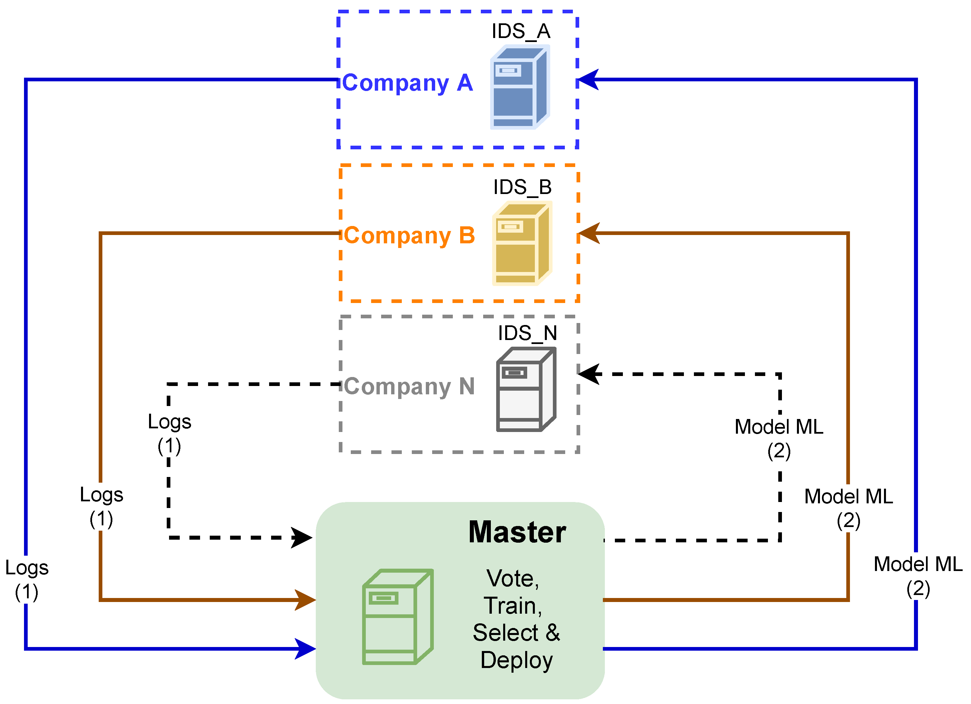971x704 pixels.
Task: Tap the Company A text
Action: [407, 83]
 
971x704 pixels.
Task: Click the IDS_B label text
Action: [522, 187]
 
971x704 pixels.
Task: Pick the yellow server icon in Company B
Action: [522, 243]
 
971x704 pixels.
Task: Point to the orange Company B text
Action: [409, 235]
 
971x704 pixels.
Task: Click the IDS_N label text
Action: [527, 333]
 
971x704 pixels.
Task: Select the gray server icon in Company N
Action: [526, 389]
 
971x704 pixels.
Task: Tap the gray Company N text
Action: [409, 386]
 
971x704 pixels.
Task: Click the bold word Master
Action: [517, 532]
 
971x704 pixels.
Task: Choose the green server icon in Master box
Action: [398, 617]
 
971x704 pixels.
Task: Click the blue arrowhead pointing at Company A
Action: [588, 80]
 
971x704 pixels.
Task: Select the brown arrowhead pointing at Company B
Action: [589, 233]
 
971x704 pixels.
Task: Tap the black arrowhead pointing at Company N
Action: [589, 374]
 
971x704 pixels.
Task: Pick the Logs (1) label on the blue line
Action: [27, 580]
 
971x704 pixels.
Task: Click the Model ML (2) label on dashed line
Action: [779, 439]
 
